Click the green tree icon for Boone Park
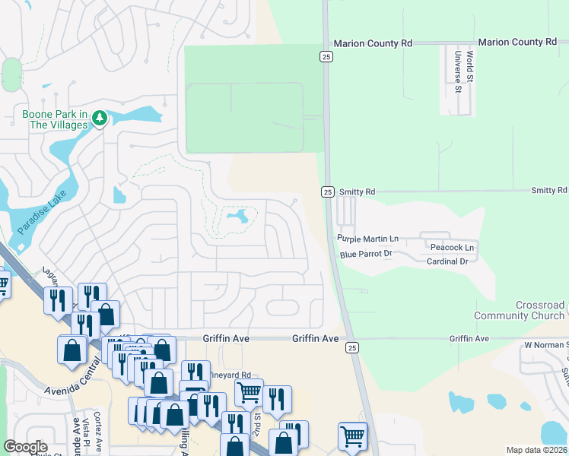100,118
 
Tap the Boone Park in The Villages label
55,119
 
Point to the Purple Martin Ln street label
367,239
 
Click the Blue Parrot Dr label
365,254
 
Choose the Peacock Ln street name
452,248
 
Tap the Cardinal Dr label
447,261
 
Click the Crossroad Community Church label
519,310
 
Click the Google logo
25,447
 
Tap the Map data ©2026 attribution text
536,450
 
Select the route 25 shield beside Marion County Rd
325,57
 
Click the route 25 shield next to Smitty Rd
326,192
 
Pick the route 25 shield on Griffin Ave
351,347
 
